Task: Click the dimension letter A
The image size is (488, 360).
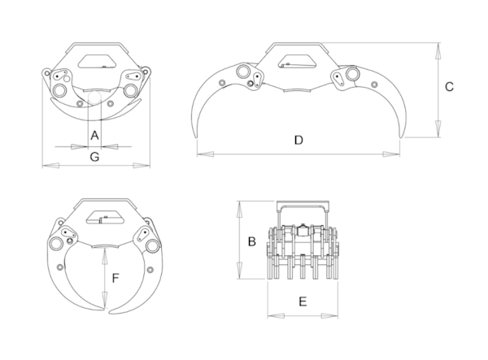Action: [94, 136]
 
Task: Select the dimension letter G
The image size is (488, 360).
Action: [94, 157]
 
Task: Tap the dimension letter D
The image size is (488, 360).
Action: [298, 141]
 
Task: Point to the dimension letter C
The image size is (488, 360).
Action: [449, 87]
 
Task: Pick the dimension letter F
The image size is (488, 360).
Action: [115, 278]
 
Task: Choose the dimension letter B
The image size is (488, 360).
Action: [252, 241]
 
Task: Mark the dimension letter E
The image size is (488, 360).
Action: [303, 301]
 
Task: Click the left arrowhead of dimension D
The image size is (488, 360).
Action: [206, 154]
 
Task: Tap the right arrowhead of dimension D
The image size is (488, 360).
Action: [391, 154]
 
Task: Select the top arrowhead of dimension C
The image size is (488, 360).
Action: [438, 50]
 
